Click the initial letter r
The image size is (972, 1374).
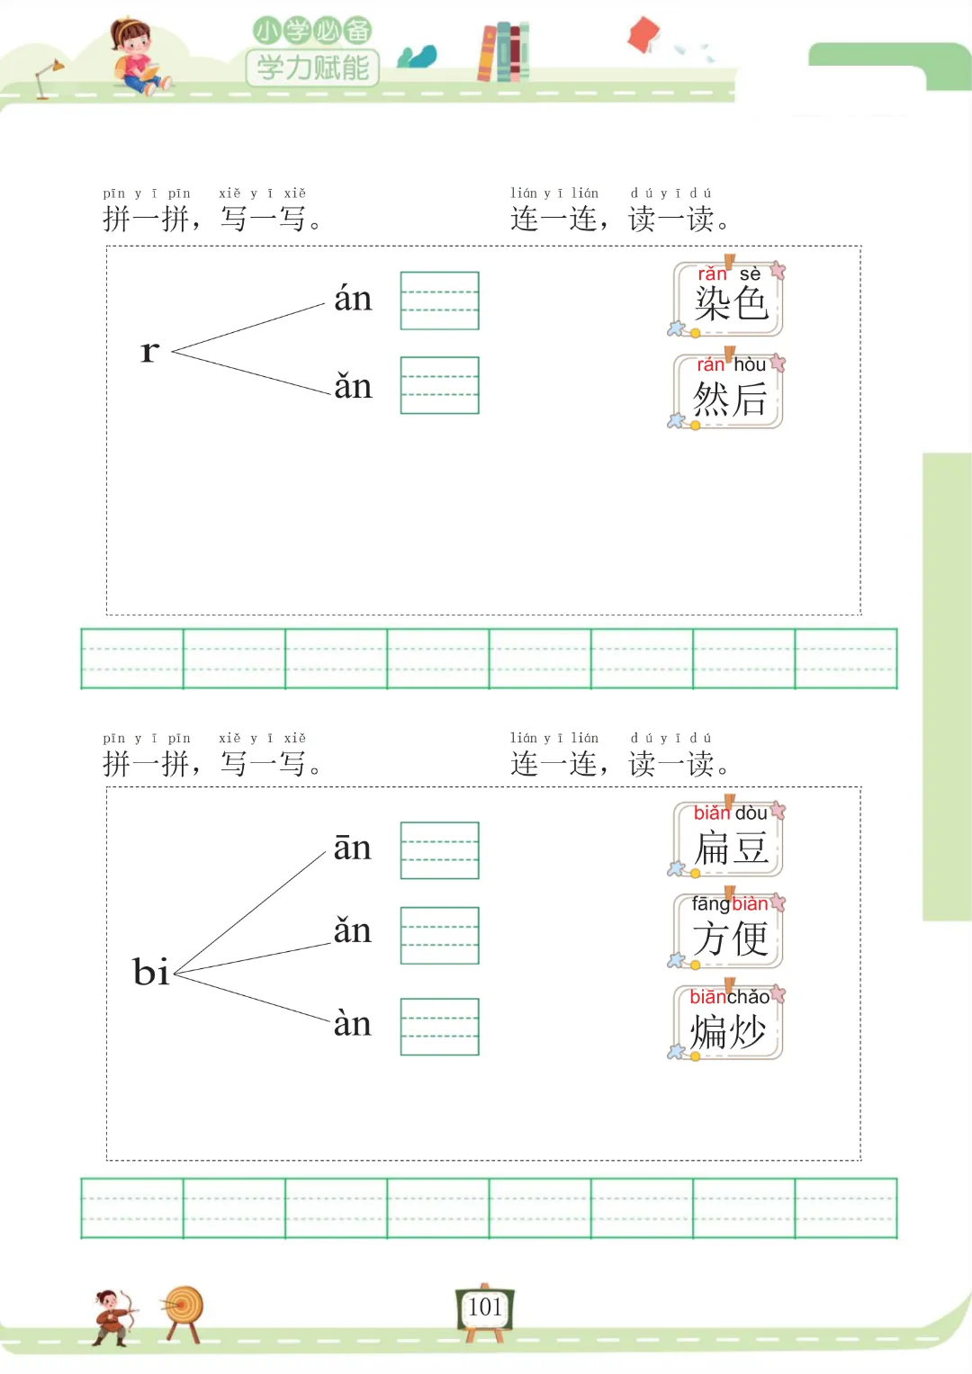click(x=149, y=351)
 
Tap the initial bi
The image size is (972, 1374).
click(x=150, y=972)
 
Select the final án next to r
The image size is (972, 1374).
click(x=353, y=298)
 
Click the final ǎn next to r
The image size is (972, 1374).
click(x=353, y=386)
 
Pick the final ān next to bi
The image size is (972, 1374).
click(x=352, y=847)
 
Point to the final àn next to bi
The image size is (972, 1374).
click(x=352, y=1023)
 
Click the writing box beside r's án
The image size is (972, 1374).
click(x=439, y=301)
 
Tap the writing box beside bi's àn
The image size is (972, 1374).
click(x=439, y=1027)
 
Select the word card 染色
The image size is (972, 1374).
click(x=729, y=300)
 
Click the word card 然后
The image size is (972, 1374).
click(x=729, y=392)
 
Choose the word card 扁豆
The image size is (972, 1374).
click(x=729, y=840)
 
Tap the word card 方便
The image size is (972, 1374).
click(x=729, y=931)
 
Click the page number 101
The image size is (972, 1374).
click(x=485, y=1307)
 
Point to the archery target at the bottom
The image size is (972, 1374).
click(x=184, y=1311)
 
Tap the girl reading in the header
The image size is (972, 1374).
click(x=136, y=57)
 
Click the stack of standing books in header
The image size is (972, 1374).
click(x=503, y=52)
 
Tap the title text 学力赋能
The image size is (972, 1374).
click(x=312, y=67)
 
